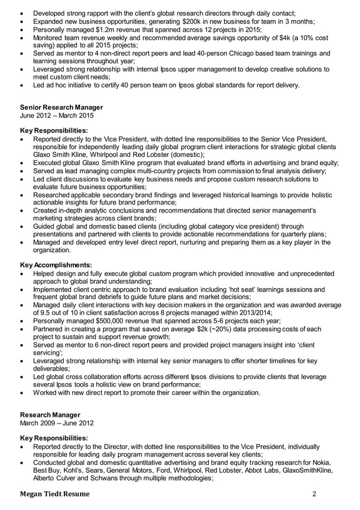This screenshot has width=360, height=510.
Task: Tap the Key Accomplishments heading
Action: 56,264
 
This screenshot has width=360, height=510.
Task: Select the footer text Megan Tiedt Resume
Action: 54,495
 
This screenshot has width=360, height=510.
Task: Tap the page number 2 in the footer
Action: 315,495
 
